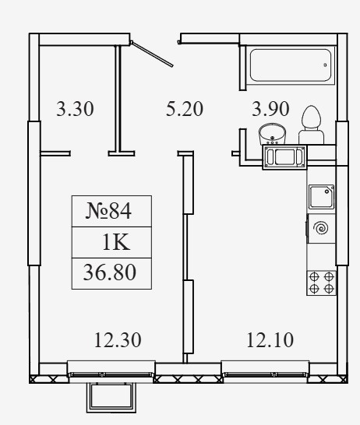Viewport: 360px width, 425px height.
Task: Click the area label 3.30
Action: pyautogui.click(x=75, y=109)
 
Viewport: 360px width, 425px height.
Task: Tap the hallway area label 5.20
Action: pyautogui.click(x=185, y=109)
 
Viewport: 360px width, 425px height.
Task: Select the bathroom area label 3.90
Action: pyautogui.click(x=270, y=109)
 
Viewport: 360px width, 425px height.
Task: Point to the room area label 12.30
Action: pyautogui.click(x=118, y=340)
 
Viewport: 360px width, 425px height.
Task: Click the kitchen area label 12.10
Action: pyautogui.click(x=270, y=340)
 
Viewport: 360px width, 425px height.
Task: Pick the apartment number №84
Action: pyautogui.click(x=108, y=211)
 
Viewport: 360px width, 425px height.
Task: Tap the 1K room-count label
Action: pyautogui.click(x=116, y=242)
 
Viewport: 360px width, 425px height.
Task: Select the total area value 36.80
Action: pyautogui.click(x=110, y=272)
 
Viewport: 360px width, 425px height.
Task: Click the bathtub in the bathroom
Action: pyautogui.click(x=291, y=65)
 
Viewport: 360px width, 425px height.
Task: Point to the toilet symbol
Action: pyautogui.click(x=311, y=125)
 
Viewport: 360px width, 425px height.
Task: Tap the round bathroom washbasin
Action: pyautogui.click(x=272, y=135)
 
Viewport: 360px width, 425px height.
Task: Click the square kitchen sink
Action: pyautogui.click(x=322, y=197)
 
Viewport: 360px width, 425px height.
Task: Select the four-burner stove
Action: pyautogui.click(x=322, y=283)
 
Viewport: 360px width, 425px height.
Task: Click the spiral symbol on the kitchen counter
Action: pyautogui.click(x=321, y=227)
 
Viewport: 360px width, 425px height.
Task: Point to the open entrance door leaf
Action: pyautogui.click(x=151, y=54)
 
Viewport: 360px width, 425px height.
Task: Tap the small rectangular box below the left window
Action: pyautogui.click(x=111, y=397)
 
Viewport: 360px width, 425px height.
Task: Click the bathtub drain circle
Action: pyautogui.click(x=325, y=65)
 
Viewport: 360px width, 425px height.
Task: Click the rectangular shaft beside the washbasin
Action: pyautogui.click(x=284, y=157)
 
